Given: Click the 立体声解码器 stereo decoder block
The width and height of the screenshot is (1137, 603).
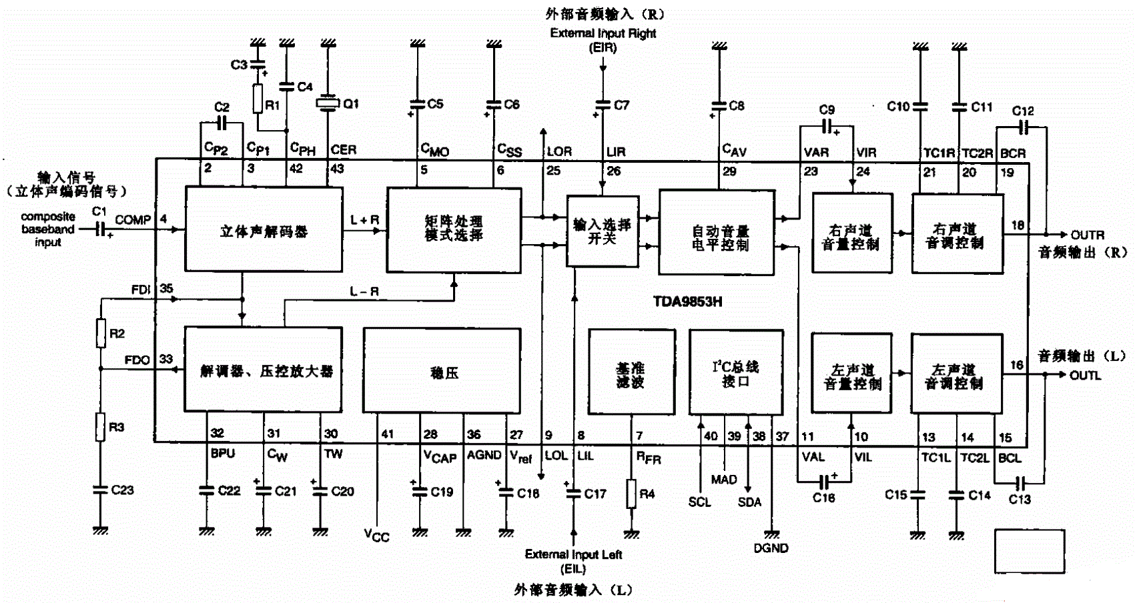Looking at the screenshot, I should click(x=264, y=229).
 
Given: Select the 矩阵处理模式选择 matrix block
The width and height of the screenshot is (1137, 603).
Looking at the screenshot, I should click(x=454, y=229).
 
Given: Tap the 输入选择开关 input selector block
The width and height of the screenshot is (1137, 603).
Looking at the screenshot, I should click(x=602, y=231).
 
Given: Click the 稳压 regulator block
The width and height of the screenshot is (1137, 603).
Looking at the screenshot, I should click(x=442, y=371).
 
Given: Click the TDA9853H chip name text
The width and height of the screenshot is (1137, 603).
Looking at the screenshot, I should click(x=687, y=301).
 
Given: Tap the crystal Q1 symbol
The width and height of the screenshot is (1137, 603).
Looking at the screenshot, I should click(x=328, y=103).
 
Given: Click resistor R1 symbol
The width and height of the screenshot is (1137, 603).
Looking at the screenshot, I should click(x=258, y=99).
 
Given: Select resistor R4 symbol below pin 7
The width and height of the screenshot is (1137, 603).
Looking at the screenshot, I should click(x=631, y=494).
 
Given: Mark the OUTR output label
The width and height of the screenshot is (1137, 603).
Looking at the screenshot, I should click(x=1087, y=235).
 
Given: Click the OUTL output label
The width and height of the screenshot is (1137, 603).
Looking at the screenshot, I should click(x=1085, y=375).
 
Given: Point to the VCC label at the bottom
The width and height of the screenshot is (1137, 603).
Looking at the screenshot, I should click(x=376, y=535).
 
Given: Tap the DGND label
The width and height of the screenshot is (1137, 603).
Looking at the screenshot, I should click(x=771, y=548).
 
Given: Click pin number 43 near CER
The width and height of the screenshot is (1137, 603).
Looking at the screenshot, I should click(x=337, y=169).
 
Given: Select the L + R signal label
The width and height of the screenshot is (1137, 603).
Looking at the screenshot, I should click(x=364, y=219).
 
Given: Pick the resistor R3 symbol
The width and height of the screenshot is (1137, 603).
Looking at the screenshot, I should click(x=100, y=427).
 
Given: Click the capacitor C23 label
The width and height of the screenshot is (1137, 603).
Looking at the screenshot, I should click(x=122, y=490).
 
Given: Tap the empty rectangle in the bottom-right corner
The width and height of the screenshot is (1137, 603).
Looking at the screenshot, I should click(x=1030, y=551).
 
